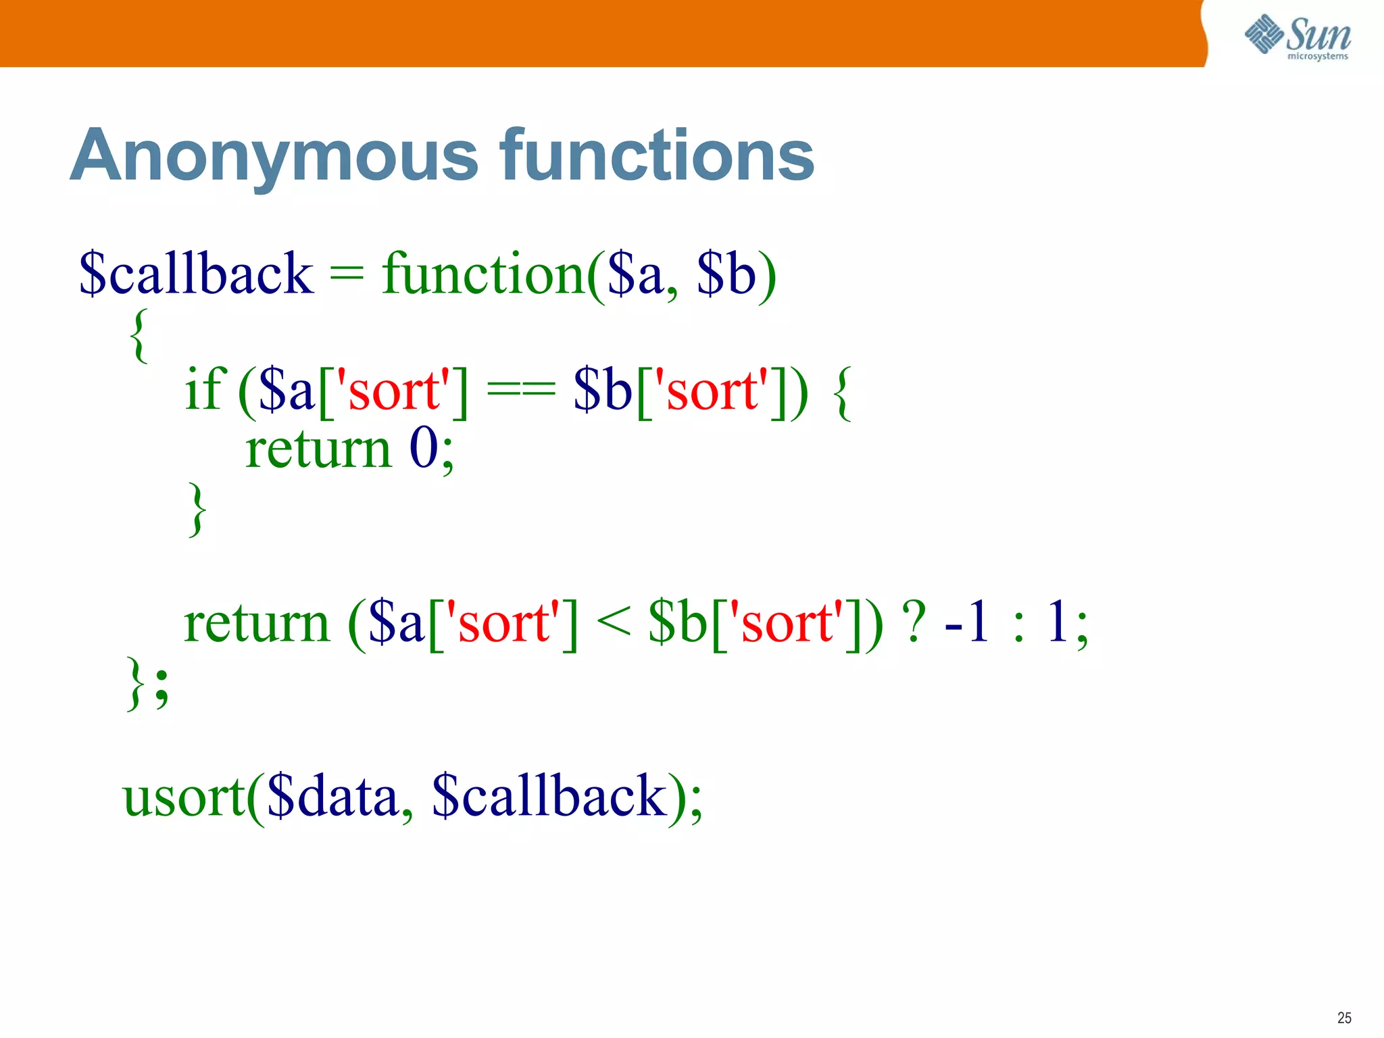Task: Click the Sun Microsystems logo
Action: click(x=1297, y=36)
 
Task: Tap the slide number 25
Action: click(x=1343, y=1018)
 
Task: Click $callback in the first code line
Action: click(x=196, y=274)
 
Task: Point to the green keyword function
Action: click(x=483, y=274)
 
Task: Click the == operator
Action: click(x=521, y=391)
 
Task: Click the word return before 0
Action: click(x=318, y=449)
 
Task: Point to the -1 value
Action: click(x=967, y=622)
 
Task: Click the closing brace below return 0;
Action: click(x=197, y=509)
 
